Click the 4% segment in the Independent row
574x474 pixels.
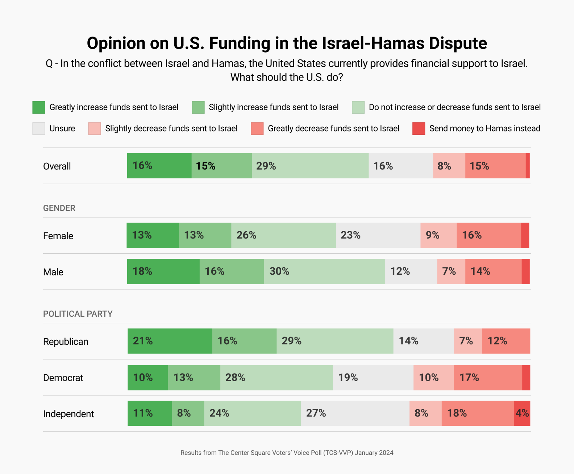coord(522,413)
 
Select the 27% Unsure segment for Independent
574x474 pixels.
coord(355,413)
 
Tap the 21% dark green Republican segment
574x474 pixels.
coord(170,341)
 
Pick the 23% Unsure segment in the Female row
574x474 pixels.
coord(378,236)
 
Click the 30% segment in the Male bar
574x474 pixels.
coord(324,271)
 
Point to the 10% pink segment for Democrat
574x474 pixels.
coord(433,378)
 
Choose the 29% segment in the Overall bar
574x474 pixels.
coord(310,166)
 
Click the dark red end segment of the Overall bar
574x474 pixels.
coord(528,166)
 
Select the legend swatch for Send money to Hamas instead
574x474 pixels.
coord(419,129)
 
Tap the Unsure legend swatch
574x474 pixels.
coord(39,129)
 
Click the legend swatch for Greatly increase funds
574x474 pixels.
coord(39,107)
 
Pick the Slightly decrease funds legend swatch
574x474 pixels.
coord(94,129)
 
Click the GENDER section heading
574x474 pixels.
coord(59,208)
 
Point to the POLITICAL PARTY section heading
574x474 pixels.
coord(78,314)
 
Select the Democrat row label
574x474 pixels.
coord(63,378)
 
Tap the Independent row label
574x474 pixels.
coord(68,414)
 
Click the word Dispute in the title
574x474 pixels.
coord(458,43)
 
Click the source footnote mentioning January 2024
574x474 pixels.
coord(287,453)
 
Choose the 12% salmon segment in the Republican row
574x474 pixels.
coord(506,341)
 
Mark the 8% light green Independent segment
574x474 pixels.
coord(188,413)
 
